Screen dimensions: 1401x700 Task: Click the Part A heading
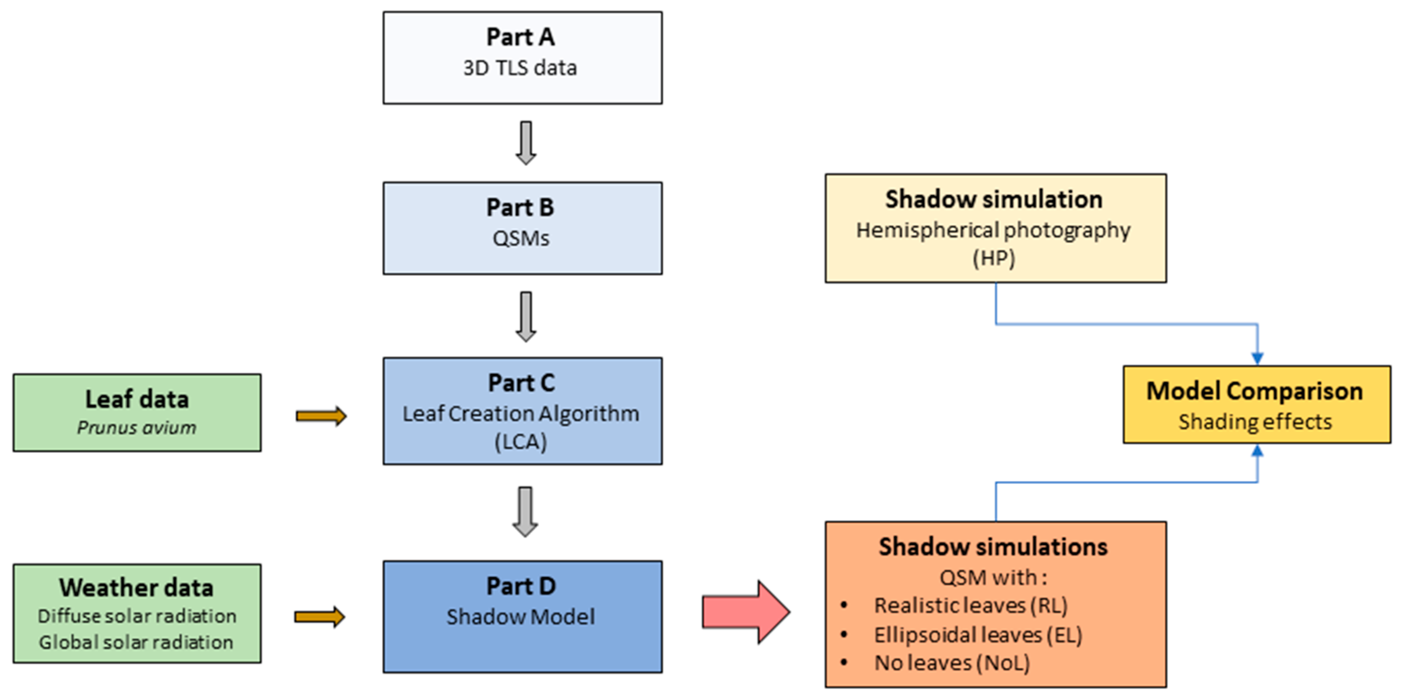click(520, 37)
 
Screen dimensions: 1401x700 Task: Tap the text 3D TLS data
click(520, 68)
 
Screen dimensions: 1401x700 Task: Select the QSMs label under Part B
click(521, 238)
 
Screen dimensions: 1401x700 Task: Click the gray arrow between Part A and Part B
click(526, 143)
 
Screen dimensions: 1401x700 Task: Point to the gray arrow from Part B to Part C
click(526, 317)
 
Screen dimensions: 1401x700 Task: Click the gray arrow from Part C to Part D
click(525, 512)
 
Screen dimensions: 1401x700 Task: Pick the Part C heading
click(521, 383)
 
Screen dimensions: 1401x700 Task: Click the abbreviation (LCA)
click(520, 442)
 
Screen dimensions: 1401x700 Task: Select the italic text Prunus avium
click(136, 427)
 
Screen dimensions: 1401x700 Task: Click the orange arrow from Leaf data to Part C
click(321, 417)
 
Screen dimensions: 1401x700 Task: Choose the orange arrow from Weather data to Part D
click(320, 617)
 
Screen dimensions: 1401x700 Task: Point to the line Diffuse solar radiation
click(137, 616)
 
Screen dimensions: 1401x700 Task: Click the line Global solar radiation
click(136, 642)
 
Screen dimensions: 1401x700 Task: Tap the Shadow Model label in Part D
click(520, 617)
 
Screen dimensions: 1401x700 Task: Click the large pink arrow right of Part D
click(746, 612)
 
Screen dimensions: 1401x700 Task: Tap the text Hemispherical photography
click(994, 230)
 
